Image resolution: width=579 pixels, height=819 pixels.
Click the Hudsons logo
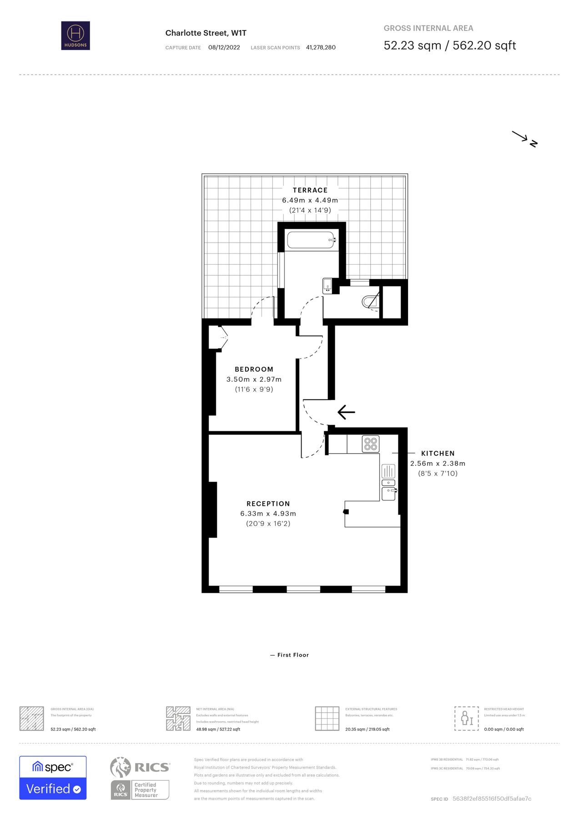tap(76, 35)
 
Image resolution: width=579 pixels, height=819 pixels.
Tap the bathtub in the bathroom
tap(312, 240)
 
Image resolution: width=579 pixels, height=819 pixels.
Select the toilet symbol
tap(369, 301)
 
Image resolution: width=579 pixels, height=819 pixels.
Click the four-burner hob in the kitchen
tap(371, 444)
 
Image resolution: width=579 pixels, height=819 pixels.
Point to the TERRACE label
tap(310, 190)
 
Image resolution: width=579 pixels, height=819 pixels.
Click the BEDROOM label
tap(254, 369)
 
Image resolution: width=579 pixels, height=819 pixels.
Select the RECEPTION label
tap(268, 504)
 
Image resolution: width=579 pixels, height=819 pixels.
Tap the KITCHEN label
tap(438, 453)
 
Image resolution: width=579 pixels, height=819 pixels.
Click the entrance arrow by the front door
tap(346, 412)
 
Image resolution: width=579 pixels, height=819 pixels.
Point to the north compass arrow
tap(524, 139)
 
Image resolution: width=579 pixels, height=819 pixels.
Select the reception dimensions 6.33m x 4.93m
tap(268, 514)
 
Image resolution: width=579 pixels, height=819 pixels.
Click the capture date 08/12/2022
tap(224, 47)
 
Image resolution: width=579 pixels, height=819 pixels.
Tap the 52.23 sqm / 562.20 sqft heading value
tap(449, 45)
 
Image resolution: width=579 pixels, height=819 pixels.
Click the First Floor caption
tap(293, 655)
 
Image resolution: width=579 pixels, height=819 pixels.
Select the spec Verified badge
tap(53, 778)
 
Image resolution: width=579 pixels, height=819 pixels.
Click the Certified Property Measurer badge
tap(140, 790)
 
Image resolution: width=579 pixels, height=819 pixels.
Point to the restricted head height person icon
tap(467, 718)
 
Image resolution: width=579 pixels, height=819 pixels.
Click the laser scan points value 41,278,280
tap(321, 47)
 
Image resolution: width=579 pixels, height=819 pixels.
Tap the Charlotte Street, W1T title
tap(206, 33)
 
